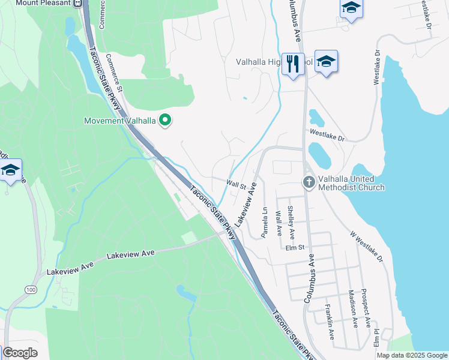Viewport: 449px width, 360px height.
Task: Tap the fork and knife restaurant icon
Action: [293, 62]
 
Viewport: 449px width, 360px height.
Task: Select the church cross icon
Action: [309, 181]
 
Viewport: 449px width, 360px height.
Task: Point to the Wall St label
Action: [237, 185]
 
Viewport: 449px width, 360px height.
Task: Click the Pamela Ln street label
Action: [264, 222]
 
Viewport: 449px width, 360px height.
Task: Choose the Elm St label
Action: [295, 247]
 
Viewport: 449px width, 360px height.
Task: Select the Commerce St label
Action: [114, 72]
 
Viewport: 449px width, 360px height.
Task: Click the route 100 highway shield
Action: [29, 290]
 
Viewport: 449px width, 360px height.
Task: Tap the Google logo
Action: [20, 353]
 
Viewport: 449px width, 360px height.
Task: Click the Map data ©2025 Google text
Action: [411, 355]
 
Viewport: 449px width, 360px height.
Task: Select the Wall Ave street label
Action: [278, 223]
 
